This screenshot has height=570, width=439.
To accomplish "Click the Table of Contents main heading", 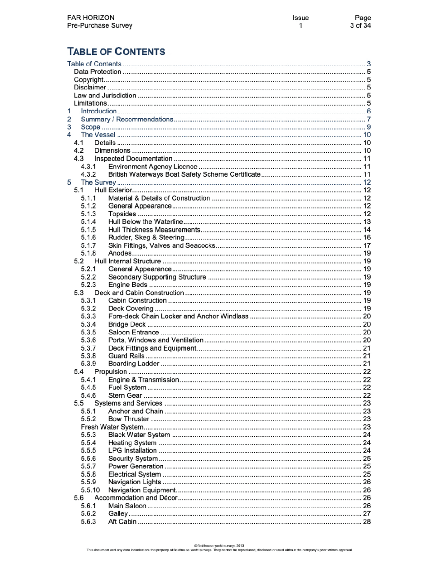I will pyautogui.click(x=116, y=52).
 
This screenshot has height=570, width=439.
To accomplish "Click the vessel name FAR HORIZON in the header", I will pyautogui.click(x=90, y=18).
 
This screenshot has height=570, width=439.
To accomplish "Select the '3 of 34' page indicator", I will pyautogui.click(x=360, y=26).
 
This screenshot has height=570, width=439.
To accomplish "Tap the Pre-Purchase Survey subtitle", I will pyautogui.click(x=99, y=26).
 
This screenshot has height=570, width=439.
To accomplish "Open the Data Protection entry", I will pyautogui.click(x=98, y=72).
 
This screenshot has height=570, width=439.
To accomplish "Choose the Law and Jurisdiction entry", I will pyautogui.click(x=105, y=95).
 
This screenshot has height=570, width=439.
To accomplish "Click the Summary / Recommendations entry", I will pyautogui.click(x=127, y=119).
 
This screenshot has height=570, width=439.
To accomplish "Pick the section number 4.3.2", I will pyautogui.click(x=88, y=174).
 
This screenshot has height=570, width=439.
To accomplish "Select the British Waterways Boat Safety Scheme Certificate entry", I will pyautogui.click(x=184, y=174).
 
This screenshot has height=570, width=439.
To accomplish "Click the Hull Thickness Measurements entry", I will pyautogui.click(x=154, y=230).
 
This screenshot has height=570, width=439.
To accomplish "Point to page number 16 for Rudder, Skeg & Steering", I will pyautogui.click(x=367, y=237).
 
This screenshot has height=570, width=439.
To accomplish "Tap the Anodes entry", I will pyautogui.click(x=120, y=254).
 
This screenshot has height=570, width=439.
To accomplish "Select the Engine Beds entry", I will pyautogui.click(x=128, y=285).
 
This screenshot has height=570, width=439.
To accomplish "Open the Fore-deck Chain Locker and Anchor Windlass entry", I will pyautogui.click(x=178, y=316).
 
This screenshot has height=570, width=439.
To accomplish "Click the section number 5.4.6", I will pyautogui.click(x=88, y=396).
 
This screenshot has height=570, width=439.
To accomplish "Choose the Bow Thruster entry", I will pyautogui.click(x=129, y=419).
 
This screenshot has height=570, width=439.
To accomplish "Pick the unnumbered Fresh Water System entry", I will pyautogui.click(x=112, y=427).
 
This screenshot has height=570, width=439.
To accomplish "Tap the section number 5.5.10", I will pyautogui.click(x=90, y=490).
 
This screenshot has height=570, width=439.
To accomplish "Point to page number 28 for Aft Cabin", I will pyautogui.click(x=367, y=522).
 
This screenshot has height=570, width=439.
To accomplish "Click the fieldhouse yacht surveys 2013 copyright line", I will pyautogui.click(x=219, y=546).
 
